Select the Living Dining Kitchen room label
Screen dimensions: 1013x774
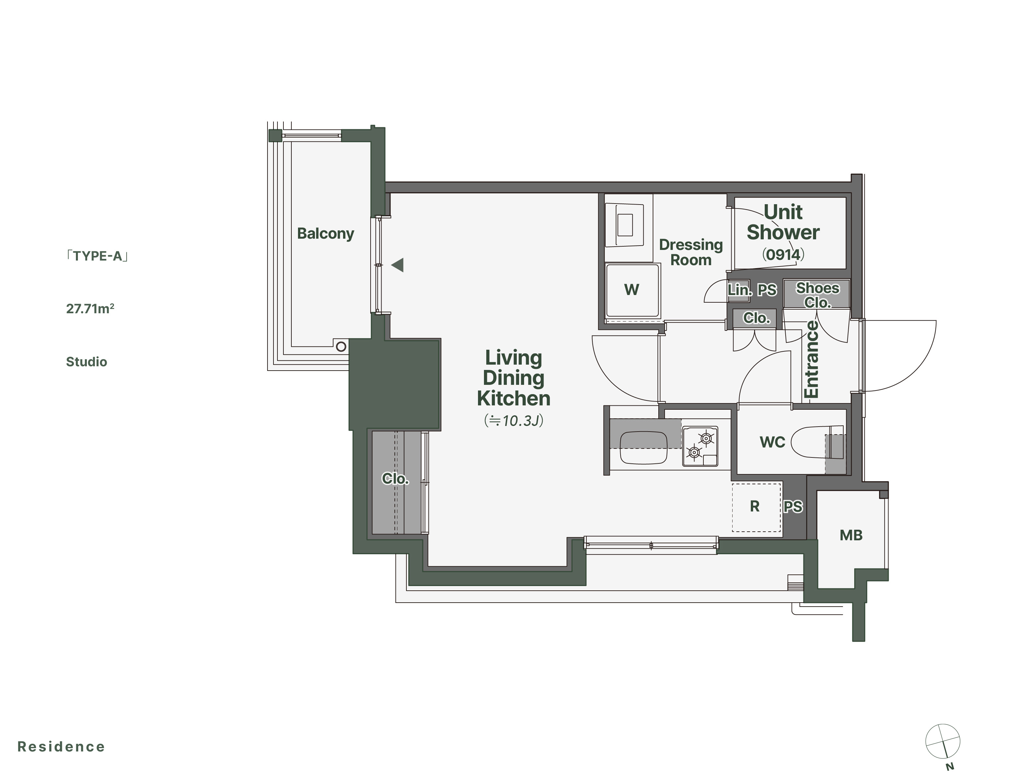click(514, 378)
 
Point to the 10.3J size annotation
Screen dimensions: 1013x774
click(514, 421)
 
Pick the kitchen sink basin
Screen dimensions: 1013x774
click(643, 448)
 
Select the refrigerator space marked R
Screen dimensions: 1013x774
click(757, 507)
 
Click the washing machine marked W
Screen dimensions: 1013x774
click(632, 290)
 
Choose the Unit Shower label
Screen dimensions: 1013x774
click(783, 222)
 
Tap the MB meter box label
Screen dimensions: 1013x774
click(851, 535)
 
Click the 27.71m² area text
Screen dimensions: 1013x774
click(90, 309)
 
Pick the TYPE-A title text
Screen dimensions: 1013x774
click(97, 256)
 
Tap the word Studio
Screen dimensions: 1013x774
click(86, 362)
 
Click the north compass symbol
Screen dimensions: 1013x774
click(942, 741)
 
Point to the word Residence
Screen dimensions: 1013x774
click(61, 747)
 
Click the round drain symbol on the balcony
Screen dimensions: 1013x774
click(341, 346)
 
